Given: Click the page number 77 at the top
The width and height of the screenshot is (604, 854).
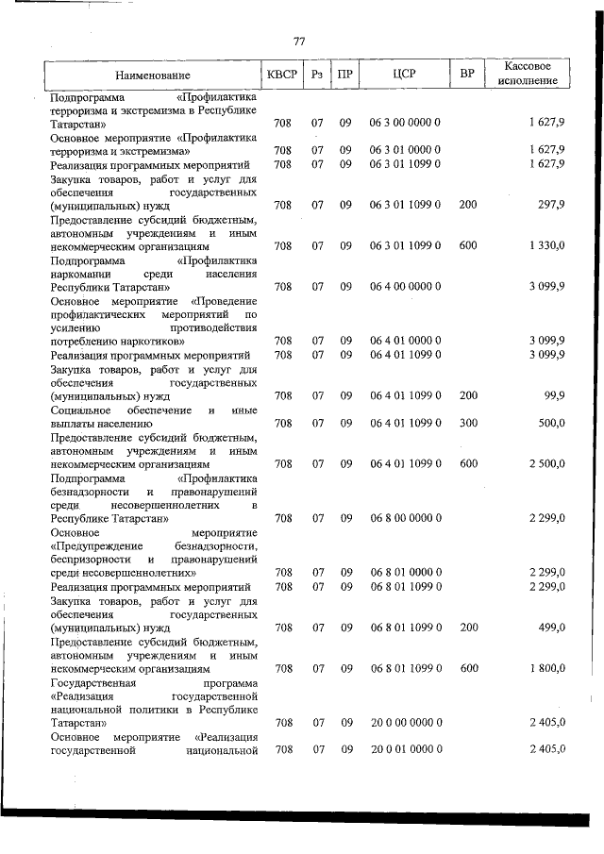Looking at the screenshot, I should point(299,41).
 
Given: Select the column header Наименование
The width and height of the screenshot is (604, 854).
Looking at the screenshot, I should point(153,75).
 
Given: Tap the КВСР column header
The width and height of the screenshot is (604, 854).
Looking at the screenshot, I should point(281,74).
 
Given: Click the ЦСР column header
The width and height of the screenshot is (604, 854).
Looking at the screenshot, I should point(404,74).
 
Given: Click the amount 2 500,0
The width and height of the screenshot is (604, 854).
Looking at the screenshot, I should point(546,464).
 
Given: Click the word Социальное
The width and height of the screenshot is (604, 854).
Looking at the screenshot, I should point(85,410).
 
